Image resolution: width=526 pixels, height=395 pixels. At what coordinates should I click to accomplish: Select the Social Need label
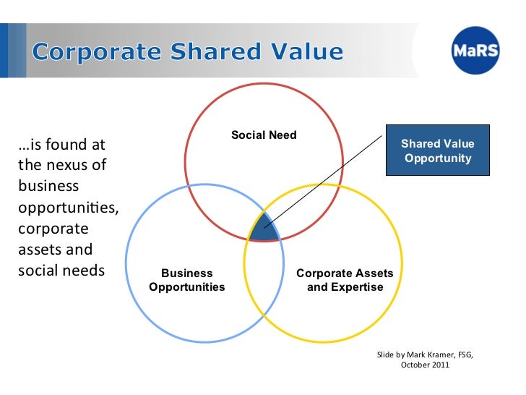(264, 135)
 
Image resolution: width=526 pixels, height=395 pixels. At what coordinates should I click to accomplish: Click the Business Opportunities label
(186, 280)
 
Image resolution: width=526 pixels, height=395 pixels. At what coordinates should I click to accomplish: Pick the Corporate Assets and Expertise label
(345, 280)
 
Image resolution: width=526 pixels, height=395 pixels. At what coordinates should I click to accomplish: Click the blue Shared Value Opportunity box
(437, 150)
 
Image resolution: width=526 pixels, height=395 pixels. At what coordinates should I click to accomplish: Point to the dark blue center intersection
(264, 228)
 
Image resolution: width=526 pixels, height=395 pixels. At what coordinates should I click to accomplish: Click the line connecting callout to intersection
(325, 181)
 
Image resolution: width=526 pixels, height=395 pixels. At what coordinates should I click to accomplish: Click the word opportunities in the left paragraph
(61, 208)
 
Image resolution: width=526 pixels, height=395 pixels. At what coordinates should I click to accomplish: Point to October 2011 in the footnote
(425, 365)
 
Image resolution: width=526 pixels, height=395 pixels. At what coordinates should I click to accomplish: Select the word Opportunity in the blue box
(437, 158)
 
